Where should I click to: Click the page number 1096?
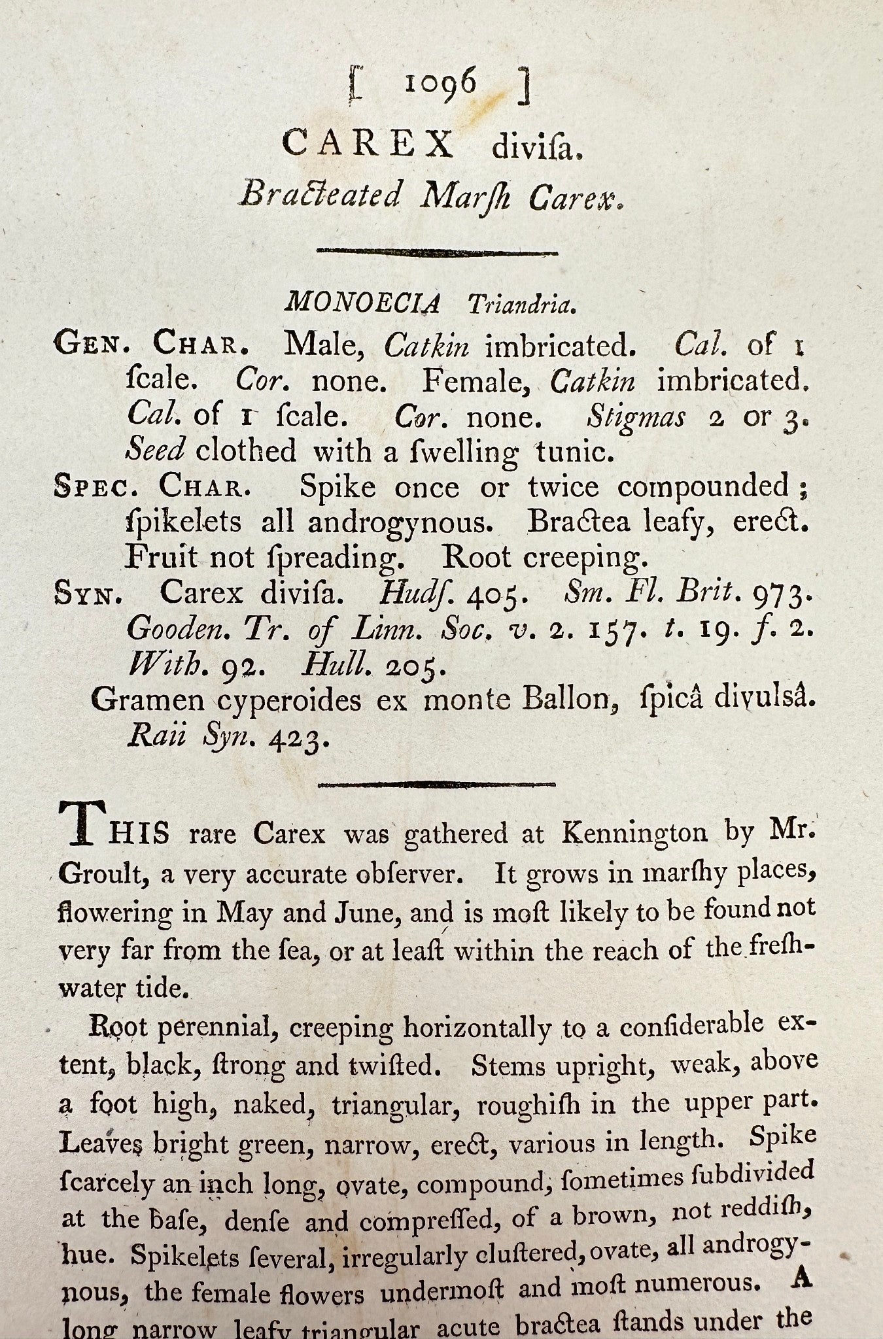tap(440, 86)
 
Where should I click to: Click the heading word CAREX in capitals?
tap(368, 144)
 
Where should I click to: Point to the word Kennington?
tap(634, 832)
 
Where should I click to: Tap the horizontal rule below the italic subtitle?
tap(437, 252)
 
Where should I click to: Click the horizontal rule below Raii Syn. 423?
tap(437, 784)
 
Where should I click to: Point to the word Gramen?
tap(148, 701)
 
